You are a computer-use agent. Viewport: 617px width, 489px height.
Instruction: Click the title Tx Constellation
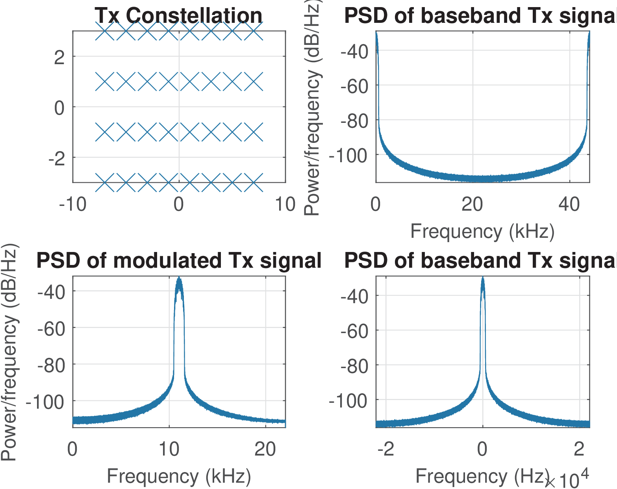(178, 16)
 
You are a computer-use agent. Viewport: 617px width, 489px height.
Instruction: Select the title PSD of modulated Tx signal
(179, 261)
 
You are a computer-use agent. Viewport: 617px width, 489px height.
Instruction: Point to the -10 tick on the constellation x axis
(73, 204)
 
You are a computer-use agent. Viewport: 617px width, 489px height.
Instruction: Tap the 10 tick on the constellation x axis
(285, 204)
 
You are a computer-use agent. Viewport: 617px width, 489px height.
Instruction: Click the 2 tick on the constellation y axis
(59, 57)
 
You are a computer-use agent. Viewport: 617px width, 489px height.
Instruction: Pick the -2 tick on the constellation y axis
(56, 158)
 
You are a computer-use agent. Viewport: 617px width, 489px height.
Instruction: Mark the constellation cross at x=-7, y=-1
(105, 132)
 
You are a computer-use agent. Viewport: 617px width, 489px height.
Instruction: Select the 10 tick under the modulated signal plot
(169, 449)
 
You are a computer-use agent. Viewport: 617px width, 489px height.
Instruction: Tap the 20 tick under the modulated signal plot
(265, 449)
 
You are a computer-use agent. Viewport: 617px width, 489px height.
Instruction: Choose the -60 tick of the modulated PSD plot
(51, 328)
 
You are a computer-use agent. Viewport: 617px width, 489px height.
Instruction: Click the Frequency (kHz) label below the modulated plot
(179, 476)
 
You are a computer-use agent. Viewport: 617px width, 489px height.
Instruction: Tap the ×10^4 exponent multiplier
(567, 478)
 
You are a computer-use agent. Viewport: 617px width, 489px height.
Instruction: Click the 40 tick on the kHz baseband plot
(569, 204)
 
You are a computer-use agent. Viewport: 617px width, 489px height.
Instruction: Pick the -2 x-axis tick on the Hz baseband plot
(385, 449)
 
